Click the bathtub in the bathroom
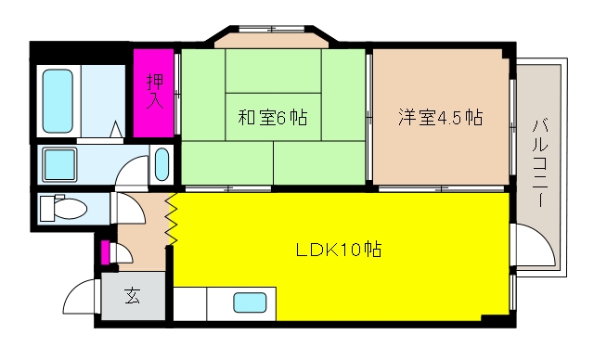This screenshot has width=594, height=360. [58, 101]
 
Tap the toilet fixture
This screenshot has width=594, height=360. [63, 208]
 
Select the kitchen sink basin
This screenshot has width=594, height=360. [250, 302]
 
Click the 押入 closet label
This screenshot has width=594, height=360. [155, 91]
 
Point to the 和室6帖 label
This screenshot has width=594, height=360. [272, 117]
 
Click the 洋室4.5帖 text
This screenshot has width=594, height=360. [440, 117]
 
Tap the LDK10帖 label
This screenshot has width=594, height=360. [338, 250]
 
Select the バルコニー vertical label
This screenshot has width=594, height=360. [540, 162]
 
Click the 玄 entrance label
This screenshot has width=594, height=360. [133, 296]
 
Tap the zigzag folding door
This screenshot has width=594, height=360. [171, 219]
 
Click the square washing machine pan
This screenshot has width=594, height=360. [59, 164]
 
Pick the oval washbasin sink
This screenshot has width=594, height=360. [161, 164]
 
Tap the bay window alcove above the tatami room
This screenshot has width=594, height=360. [272, 41]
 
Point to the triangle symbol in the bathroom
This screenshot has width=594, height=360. [117, 130]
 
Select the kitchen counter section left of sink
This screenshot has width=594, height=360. [189, 303]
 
